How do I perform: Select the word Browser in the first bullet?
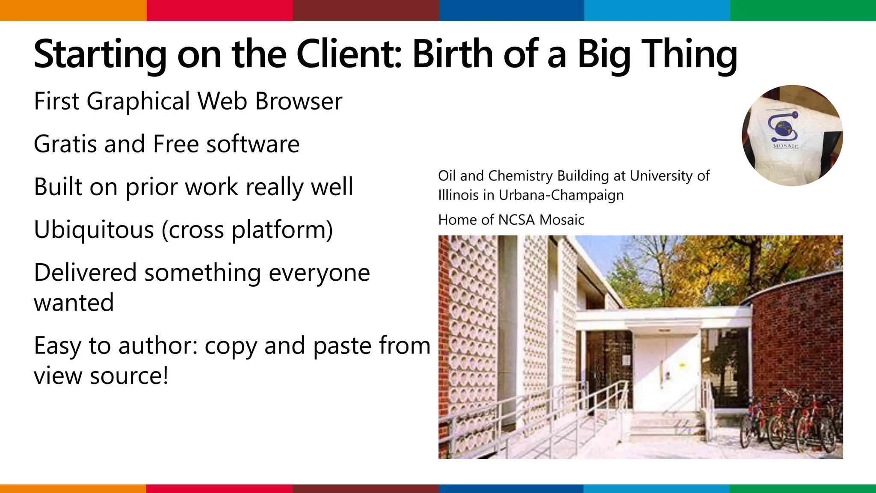[299, 101]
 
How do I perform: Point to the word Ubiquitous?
[94, 230]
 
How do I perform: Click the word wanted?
[74, 303]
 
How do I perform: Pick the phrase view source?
[101, 376]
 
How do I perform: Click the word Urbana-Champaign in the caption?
[561, 195]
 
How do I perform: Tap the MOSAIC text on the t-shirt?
[785, 146]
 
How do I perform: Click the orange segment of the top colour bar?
[73, 10]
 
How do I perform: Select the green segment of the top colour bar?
[803, 10]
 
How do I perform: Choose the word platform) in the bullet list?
[282, 230]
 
